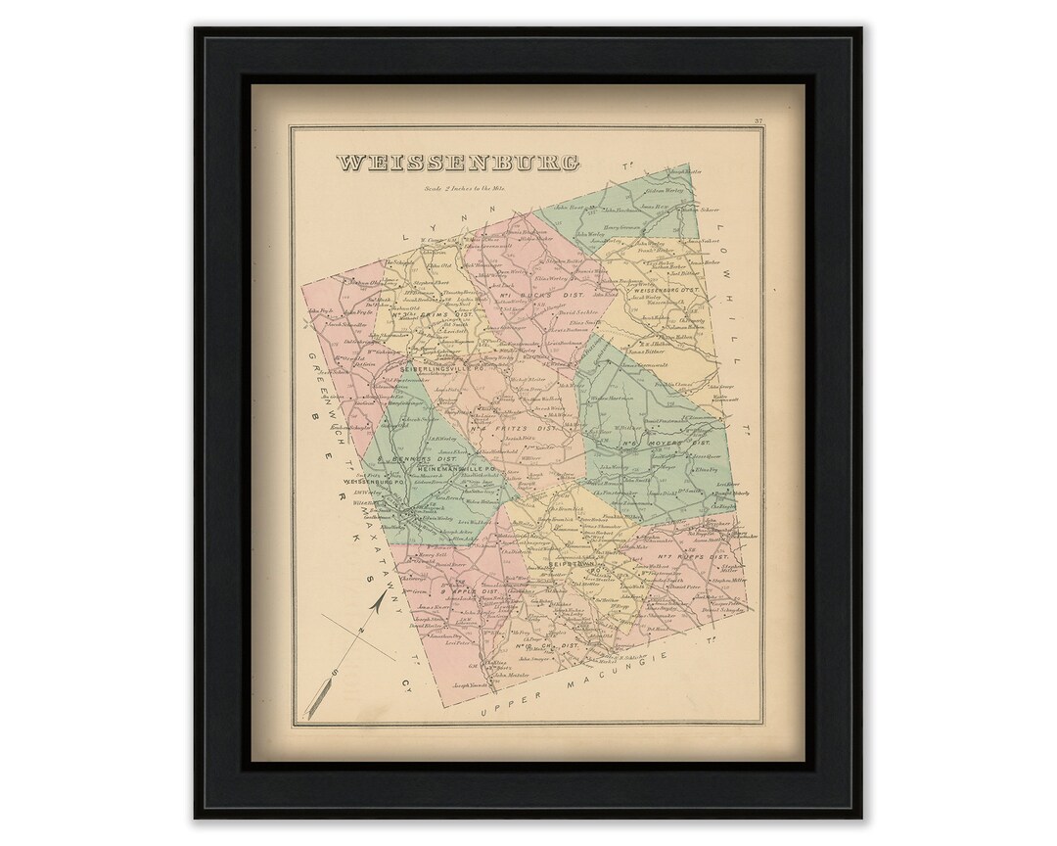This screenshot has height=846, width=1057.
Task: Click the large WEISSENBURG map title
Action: (x=457, y=164)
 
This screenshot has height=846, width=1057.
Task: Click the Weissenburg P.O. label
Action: (x=373, y=482)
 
